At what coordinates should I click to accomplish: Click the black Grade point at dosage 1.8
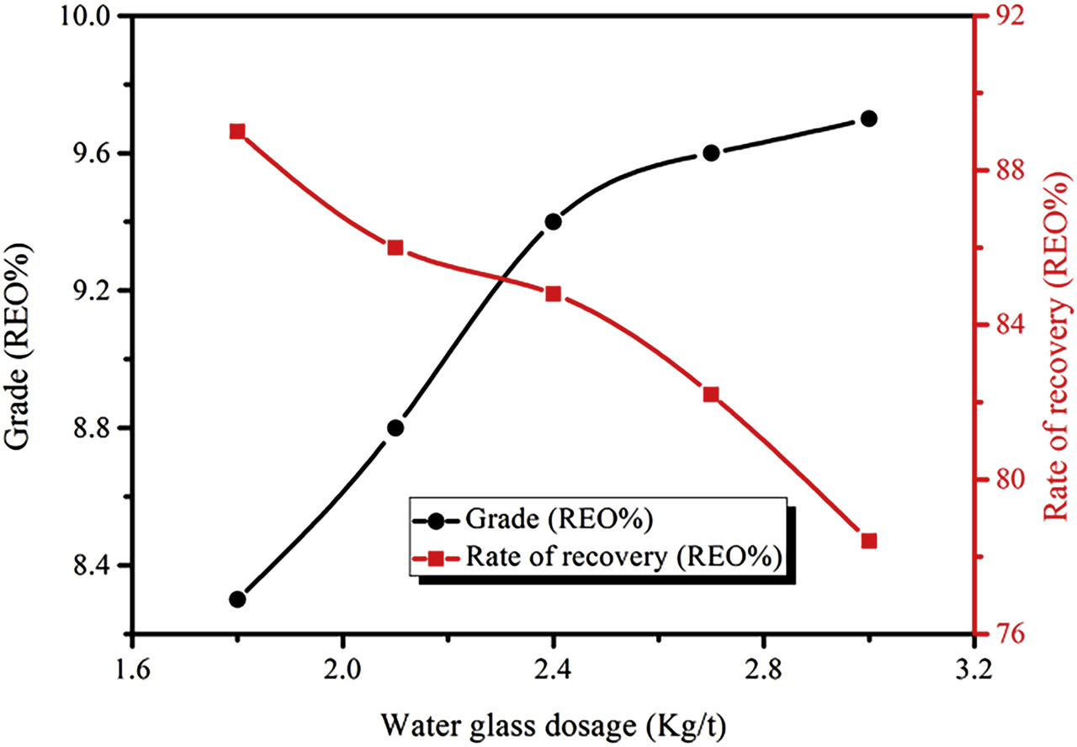tap(237, 599)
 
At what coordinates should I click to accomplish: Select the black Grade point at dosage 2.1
tap(395, 427)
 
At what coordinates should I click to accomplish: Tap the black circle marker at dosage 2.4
tap(553, 221)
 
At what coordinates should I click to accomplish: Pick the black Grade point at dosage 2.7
tap(711, 152)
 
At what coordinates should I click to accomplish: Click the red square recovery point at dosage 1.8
tap(237, 131)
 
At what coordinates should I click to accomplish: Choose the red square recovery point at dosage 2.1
tap(395, 247)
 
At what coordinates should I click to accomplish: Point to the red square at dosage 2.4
tap(553, 294)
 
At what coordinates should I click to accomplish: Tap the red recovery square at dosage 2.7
tap(711, 395)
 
